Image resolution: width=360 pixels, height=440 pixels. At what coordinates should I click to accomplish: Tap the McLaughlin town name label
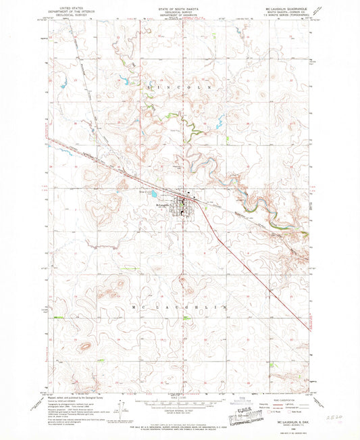(x=165, y=205)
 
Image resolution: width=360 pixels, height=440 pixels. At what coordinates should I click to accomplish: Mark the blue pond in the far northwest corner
(x=66, y=84)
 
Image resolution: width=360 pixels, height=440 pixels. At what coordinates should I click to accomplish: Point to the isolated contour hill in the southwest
(x=85, y=347)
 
